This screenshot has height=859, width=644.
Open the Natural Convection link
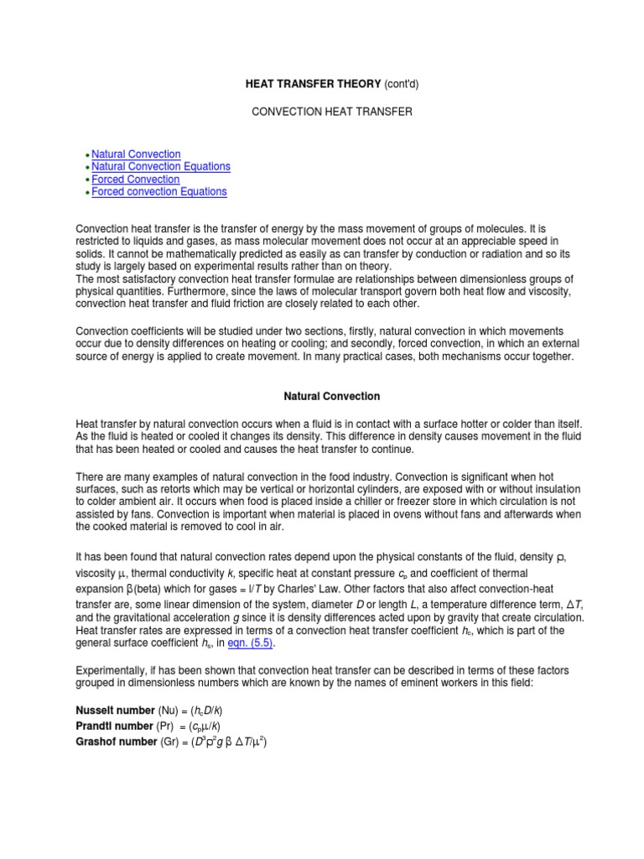coord(136,154)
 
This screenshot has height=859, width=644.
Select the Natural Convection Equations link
coord(160,167)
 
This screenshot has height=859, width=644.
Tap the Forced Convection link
coord(135,180)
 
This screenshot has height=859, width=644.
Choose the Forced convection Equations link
coord(158,192)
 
